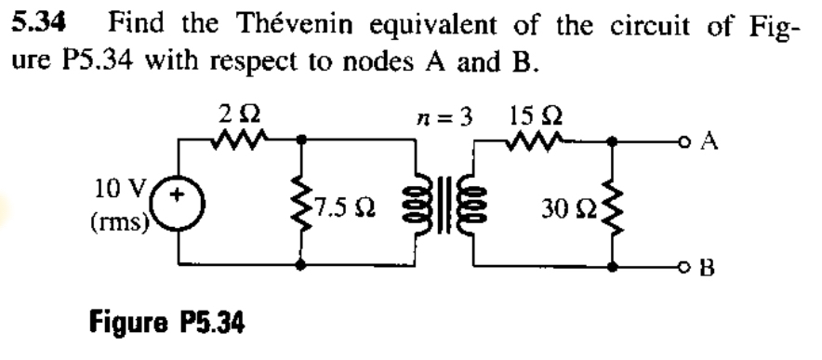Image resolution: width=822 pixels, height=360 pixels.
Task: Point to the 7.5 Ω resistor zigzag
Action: (x=300, y=203)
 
